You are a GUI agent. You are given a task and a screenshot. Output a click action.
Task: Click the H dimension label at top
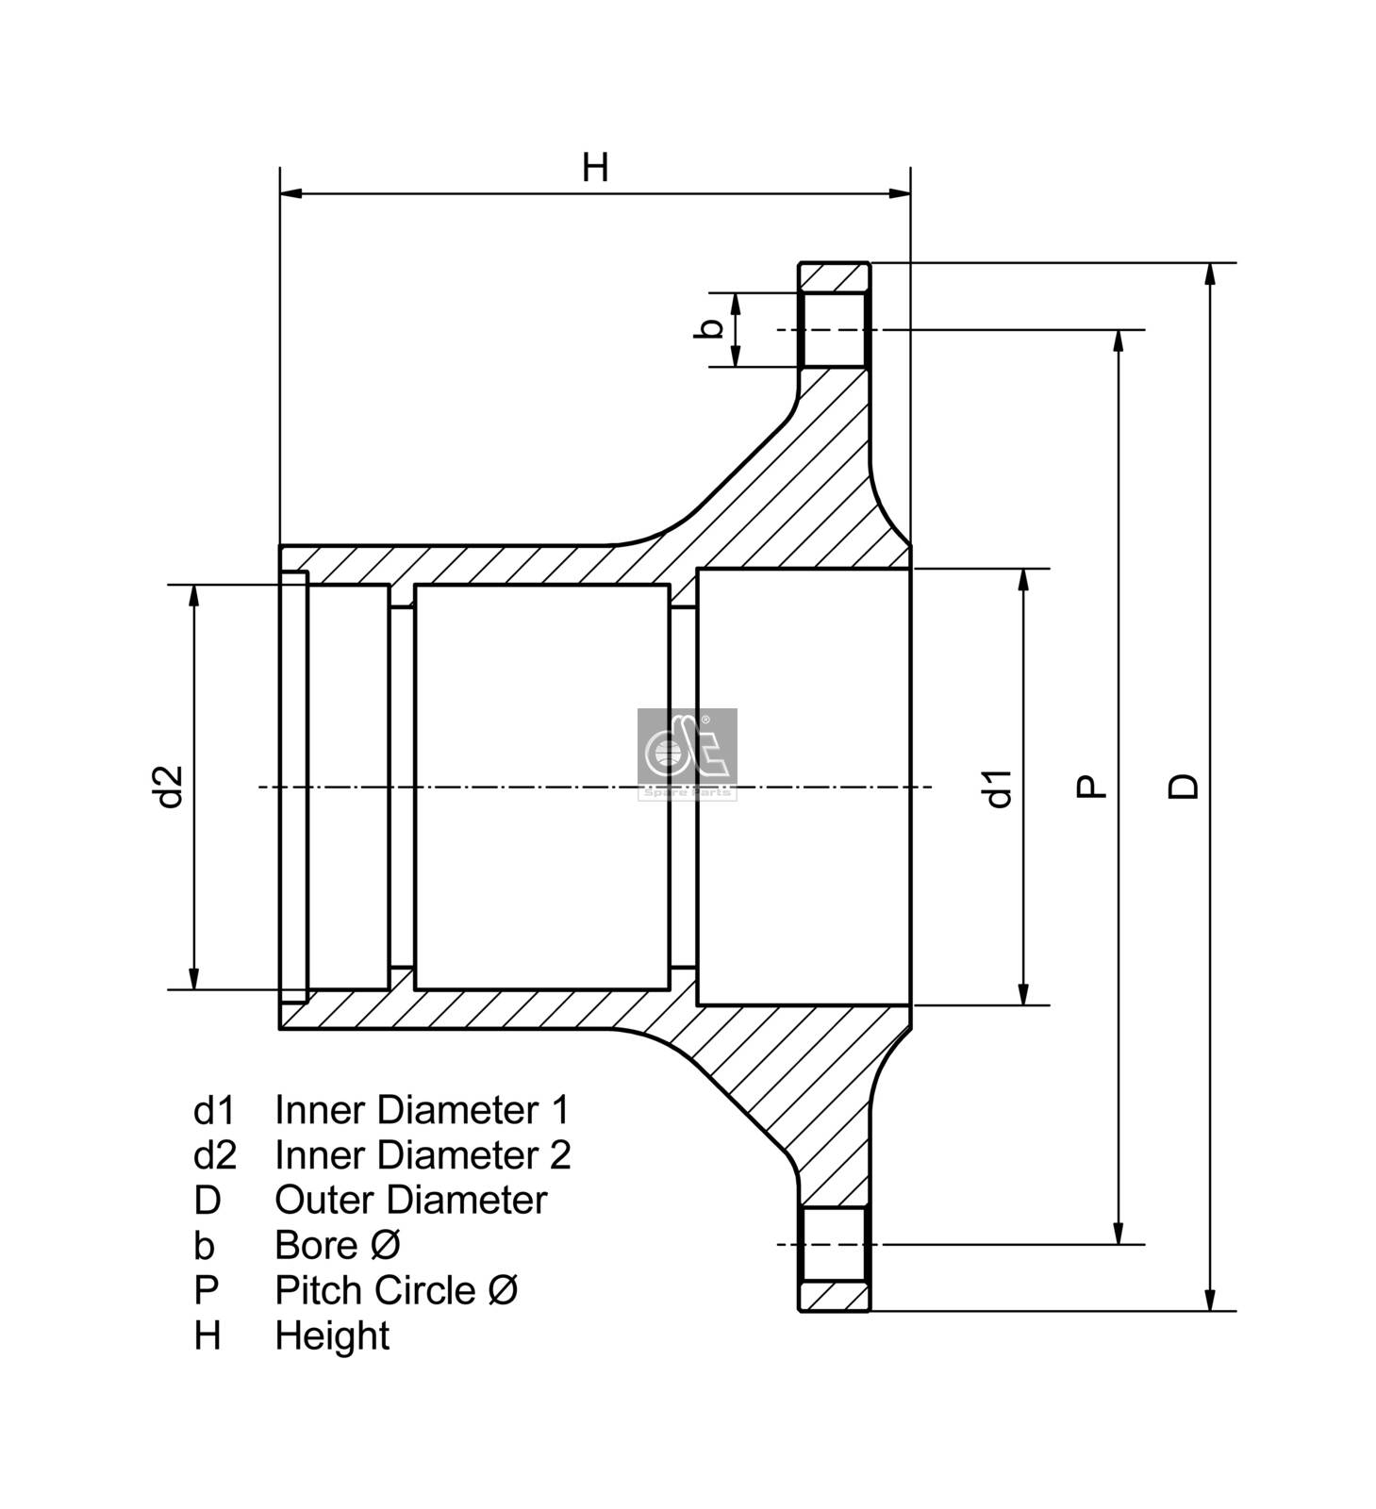[594, 168]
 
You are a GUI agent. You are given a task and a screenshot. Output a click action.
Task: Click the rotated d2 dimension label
[169, 787]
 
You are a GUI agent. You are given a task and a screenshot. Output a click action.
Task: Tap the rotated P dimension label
[1091, 787]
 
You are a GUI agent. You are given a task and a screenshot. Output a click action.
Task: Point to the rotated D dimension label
[1183, 787]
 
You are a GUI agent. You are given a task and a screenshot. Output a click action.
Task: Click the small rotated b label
[713, 328]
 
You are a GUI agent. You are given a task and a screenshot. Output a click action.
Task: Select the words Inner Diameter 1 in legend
[422, 1110]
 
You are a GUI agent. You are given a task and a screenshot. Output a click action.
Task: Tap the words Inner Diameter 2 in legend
[423, 1155]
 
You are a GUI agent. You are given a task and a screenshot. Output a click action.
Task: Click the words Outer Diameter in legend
[410, 1201]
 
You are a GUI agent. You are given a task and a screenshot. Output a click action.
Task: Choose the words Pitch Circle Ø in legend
[396, 1290]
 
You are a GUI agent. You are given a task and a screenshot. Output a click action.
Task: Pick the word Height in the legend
[332, 1335]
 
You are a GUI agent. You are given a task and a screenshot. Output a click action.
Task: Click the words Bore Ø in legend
[337, 1246]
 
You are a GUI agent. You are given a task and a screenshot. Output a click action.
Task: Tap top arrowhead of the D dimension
[1210, 273]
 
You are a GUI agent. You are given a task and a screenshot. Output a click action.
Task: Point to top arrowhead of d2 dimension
[194, 594]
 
